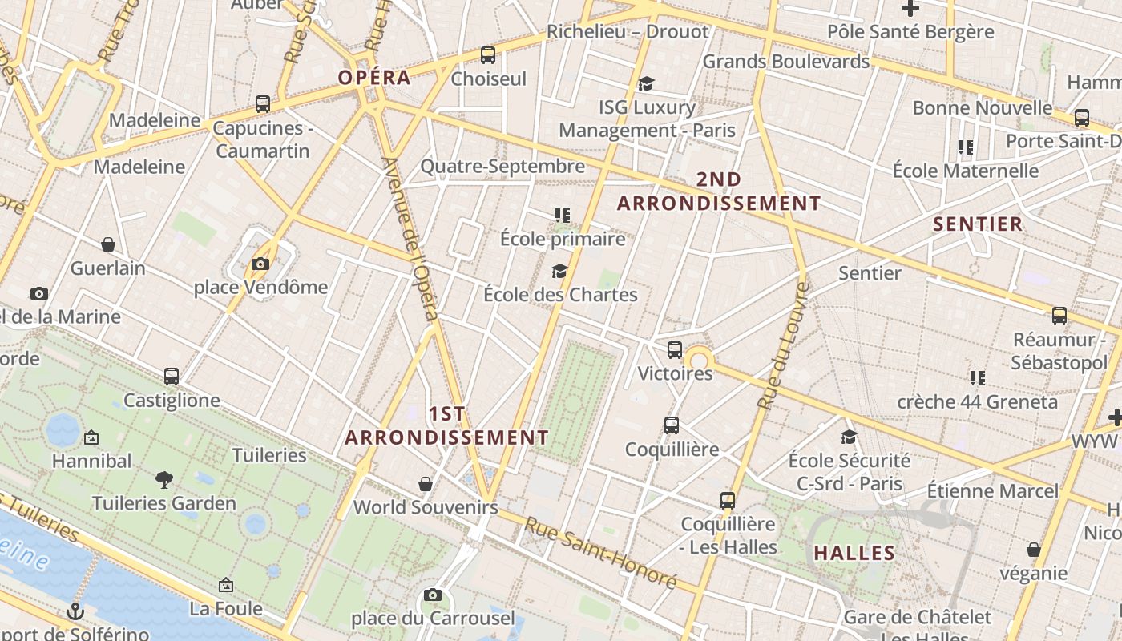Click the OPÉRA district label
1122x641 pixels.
(374, 78)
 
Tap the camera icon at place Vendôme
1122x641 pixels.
(260, 264)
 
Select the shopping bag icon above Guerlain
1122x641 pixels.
(108, 244)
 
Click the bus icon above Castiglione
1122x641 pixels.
(171, 376)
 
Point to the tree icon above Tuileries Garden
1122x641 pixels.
(164, 479)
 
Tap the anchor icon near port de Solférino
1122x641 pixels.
(75, 611)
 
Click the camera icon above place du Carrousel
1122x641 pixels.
(433, 595)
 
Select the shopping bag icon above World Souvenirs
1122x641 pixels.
(426, 484)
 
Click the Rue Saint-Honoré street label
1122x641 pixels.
(600, 553)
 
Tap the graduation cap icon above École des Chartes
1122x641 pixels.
(559, 271)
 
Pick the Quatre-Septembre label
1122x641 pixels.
(502, 167)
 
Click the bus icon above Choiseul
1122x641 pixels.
(488, 55)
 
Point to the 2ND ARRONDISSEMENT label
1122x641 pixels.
(719, 191)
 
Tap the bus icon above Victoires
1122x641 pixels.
(675, 349)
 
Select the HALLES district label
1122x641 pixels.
(854, 553)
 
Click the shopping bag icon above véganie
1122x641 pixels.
(1034, 550)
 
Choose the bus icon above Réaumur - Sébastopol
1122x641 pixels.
(1059, 316)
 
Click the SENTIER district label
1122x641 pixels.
(978, 224)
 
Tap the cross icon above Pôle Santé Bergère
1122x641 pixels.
(910, 9)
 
